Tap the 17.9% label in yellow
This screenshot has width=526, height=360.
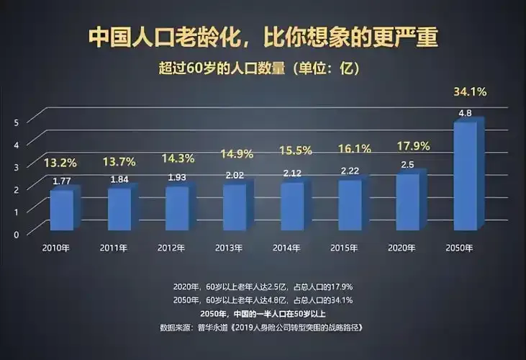412,146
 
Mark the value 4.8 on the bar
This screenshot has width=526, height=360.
465,113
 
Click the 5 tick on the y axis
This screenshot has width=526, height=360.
16,122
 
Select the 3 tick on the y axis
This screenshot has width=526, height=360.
16,167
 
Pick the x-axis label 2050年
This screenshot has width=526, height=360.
460,248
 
